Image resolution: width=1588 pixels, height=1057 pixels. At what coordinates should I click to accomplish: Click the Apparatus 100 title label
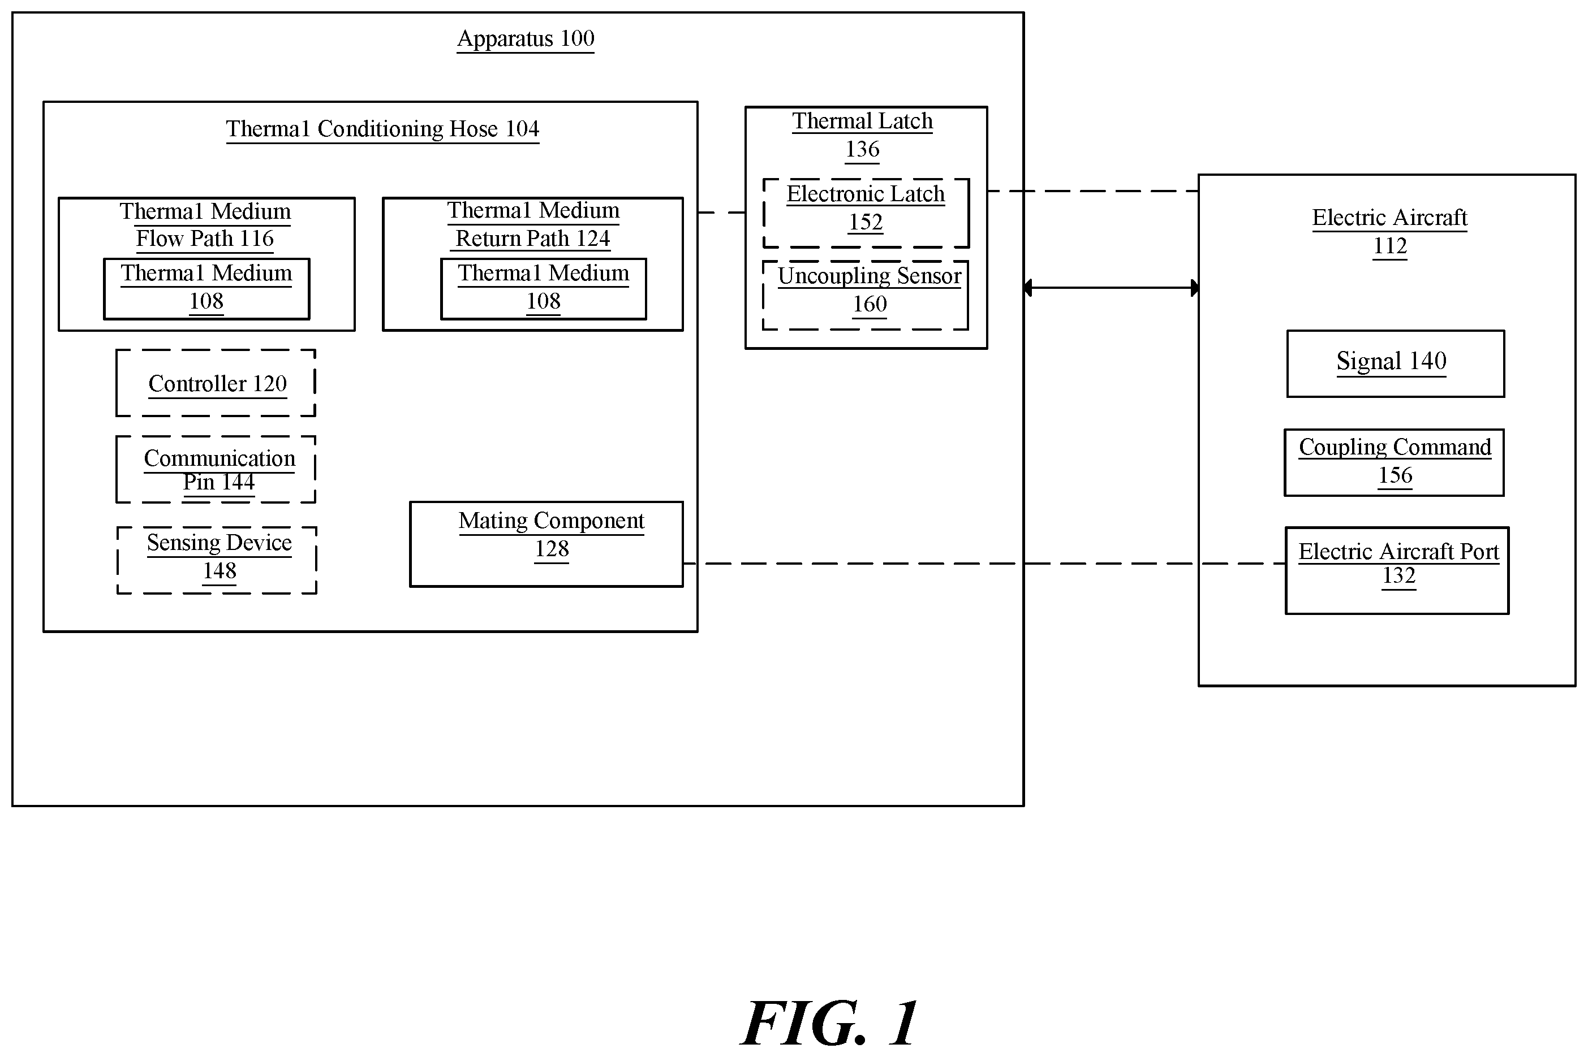[x=526, y=39]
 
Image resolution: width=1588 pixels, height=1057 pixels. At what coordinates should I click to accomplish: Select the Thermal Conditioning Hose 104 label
[x=382, y=129]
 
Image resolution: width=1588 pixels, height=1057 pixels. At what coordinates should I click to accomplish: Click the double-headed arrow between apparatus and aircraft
[x=1111, y=288]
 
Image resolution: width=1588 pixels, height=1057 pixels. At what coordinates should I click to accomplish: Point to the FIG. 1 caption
[x=830, y=1023]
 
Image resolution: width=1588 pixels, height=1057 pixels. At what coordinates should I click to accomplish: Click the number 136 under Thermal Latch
[x=862, y=150]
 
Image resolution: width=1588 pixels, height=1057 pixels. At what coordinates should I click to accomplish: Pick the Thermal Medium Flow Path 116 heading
[x=205, y=225]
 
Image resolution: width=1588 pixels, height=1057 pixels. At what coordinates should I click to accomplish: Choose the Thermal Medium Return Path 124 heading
[x=533, y=224]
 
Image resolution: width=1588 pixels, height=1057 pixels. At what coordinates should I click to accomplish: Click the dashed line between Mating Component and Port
[x=984, y=564]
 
